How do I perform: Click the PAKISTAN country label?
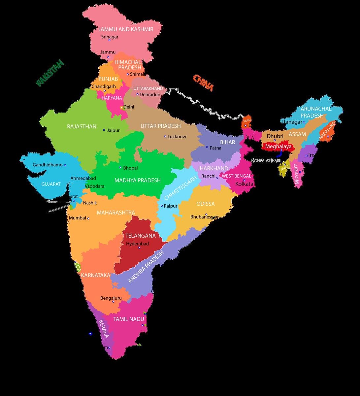[x=49, y=73]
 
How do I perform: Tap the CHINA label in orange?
[x=203, y=83]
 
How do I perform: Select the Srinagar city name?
[x=110, y=37]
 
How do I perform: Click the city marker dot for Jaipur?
[x=104, y=130]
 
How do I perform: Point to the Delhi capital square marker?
[x=121, y=107]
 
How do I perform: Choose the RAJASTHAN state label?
[x=82, y=126]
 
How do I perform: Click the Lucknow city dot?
[x=165, y=136]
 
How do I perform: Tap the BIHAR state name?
[x=228, y=142]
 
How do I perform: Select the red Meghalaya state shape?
[x=278, y=146]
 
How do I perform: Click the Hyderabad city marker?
[x=139, y=247]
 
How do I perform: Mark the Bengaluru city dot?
[x=113, y=302]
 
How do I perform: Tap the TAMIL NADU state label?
[x=129, y=319]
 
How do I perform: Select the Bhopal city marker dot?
[x=120, y=168]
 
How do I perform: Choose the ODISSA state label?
[x=205, y=204]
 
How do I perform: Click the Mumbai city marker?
[x=88, y=218]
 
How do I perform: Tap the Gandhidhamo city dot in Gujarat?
[x=65, y=165]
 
